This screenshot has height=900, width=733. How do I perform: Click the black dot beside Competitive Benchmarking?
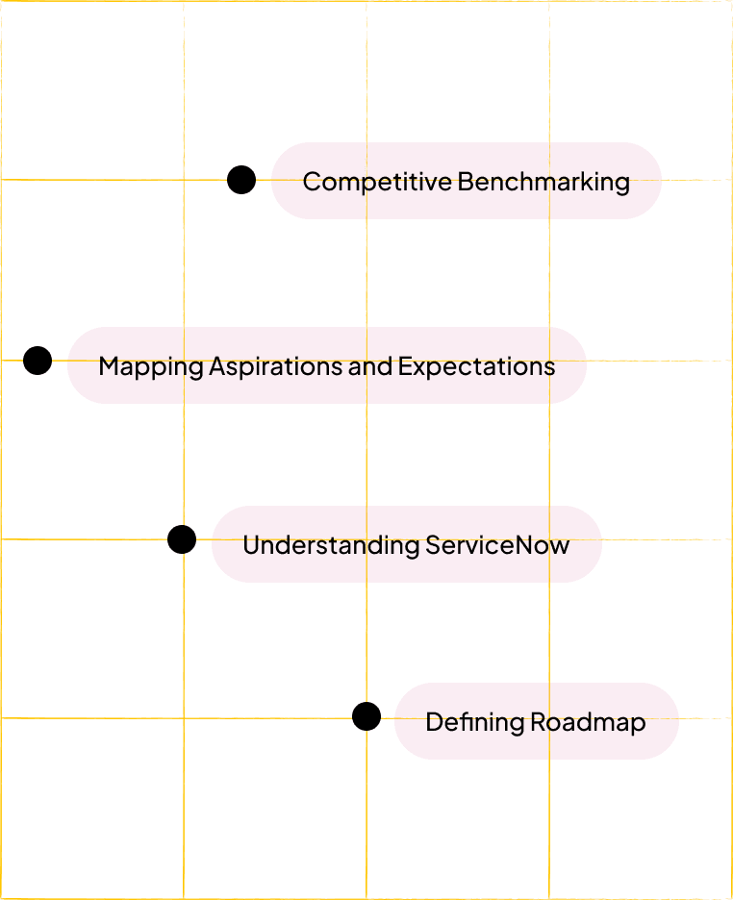pyautogui.click(x=241, y=180)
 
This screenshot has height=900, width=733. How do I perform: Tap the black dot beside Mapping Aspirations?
pyautogui.click(x=38, y=361)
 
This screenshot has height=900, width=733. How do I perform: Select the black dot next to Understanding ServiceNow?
pyautogui.click(x=182, y=539)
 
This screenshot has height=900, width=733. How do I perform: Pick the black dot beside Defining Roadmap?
pyautogui.click(x=366, y=716)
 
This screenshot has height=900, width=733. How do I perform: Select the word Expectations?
pyautogui.click(x=476, y=366)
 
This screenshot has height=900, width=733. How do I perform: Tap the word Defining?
pyautogui.click(x=462, y=722)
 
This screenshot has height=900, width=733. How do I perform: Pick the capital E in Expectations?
pyautogui.click(x=405, y=366)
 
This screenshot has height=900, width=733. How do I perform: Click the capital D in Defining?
pyautogui.click(x=434, y=722)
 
